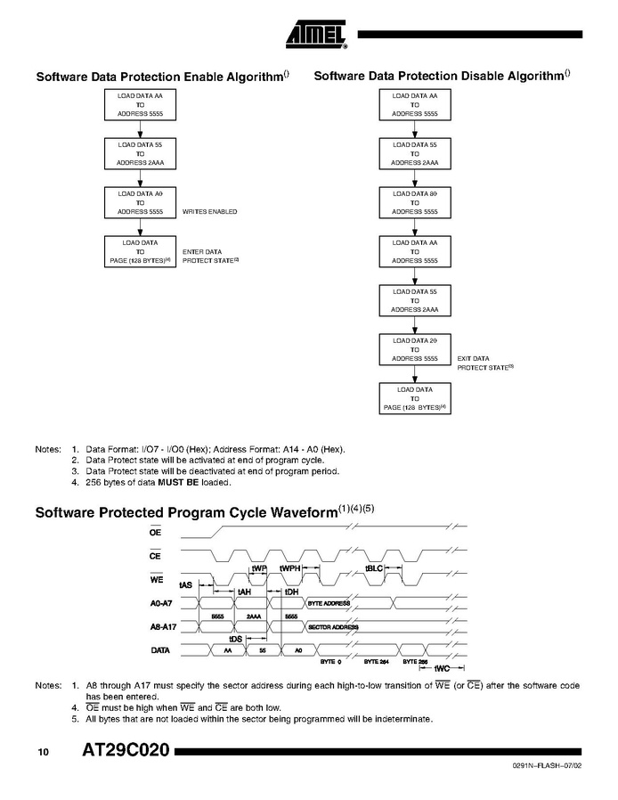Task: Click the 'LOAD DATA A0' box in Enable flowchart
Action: [x=134, y=203]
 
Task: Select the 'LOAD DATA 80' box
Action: [x=414, y=203]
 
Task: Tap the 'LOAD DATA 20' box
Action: [x=414, y=349]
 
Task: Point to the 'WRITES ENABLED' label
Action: [x=209, y=212]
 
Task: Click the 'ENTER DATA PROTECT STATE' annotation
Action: [x=211, y=256]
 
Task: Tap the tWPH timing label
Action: [x=290, y=567]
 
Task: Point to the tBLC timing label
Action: [x=374, y=568]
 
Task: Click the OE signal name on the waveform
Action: [x=155, y=532]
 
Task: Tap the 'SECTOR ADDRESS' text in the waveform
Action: [x=332, y=627]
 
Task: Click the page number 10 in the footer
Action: [x=43, y=753]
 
